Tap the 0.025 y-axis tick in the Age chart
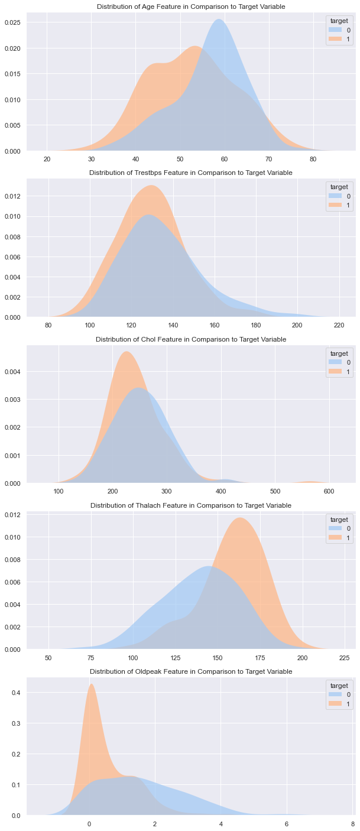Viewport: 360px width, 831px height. point(14,22)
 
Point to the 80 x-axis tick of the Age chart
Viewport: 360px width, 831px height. point(313,160)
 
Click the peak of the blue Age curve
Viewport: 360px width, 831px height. point(219,20)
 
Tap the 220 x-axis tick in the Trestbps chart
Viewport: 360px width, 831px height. point(339,326)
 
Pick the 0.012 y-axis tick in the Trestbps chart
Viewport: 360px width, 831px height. point(14,196)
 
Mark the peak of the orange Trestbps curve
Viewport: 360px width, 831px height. point(153,186)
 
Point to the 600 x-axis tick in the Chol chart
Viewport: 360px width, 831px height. point(329,492)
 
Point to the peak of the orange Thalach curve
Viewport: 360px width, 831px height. point(240,518)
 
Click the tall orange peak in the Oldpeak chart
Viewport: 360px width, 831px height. point(91,685)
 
